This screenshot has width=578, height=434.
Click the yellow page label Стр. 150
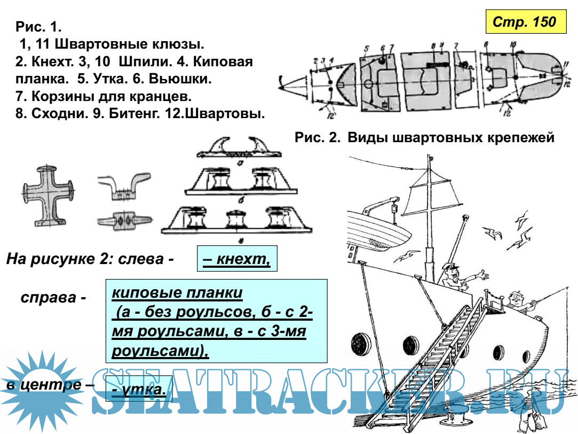coord(525,23)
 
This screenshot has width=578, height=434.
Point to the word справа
coord(53,297)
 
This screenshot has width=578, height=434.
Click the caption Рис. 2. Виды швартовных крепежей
coord(424,137)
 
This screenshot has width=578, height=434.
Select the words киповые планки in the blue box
coord(177,293)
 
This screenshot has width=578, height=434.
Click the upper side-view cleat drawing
coord(123,185)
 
